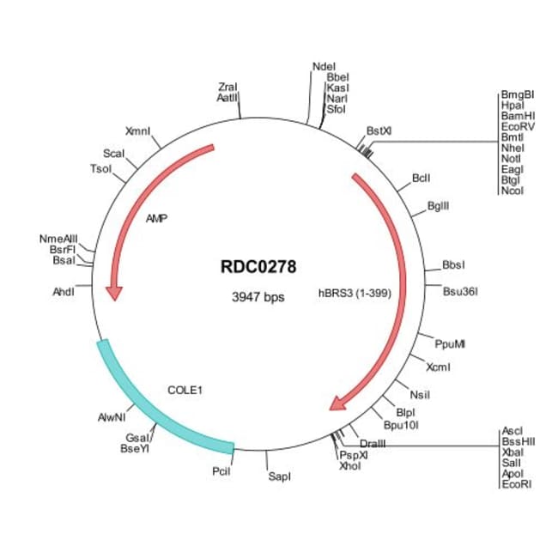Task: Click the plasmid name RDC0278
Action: pyautogui.click(x=258, y=267)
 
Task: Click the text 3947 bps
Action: pyautogui.click(x=258, y=298)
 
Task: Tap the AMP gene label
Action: pyautogui.click(x=156, y=219)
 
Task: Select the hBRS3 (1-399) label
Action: pyautogui.click(x=355, y=293)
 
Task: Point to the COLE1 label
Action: pyautogui.click(x=185, y=390)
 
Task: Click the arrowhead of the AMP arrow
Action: pyautogui.click(x=112, y=293)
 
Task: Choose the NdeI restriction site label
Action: pyautogui.click(x=324, y=65)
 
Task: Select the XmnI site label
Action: pyautogui.click(x=137, y=131)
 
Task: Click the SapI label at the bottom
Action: pyautogui.click(x=279, y=476)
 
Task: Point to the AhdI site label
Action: pyautogui.click(x=64, y=292)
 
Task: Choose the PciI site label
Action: pyautogui.click(x=221, y=471)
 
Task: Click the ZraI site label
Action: pyautogui.click(x=227, y=87)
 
